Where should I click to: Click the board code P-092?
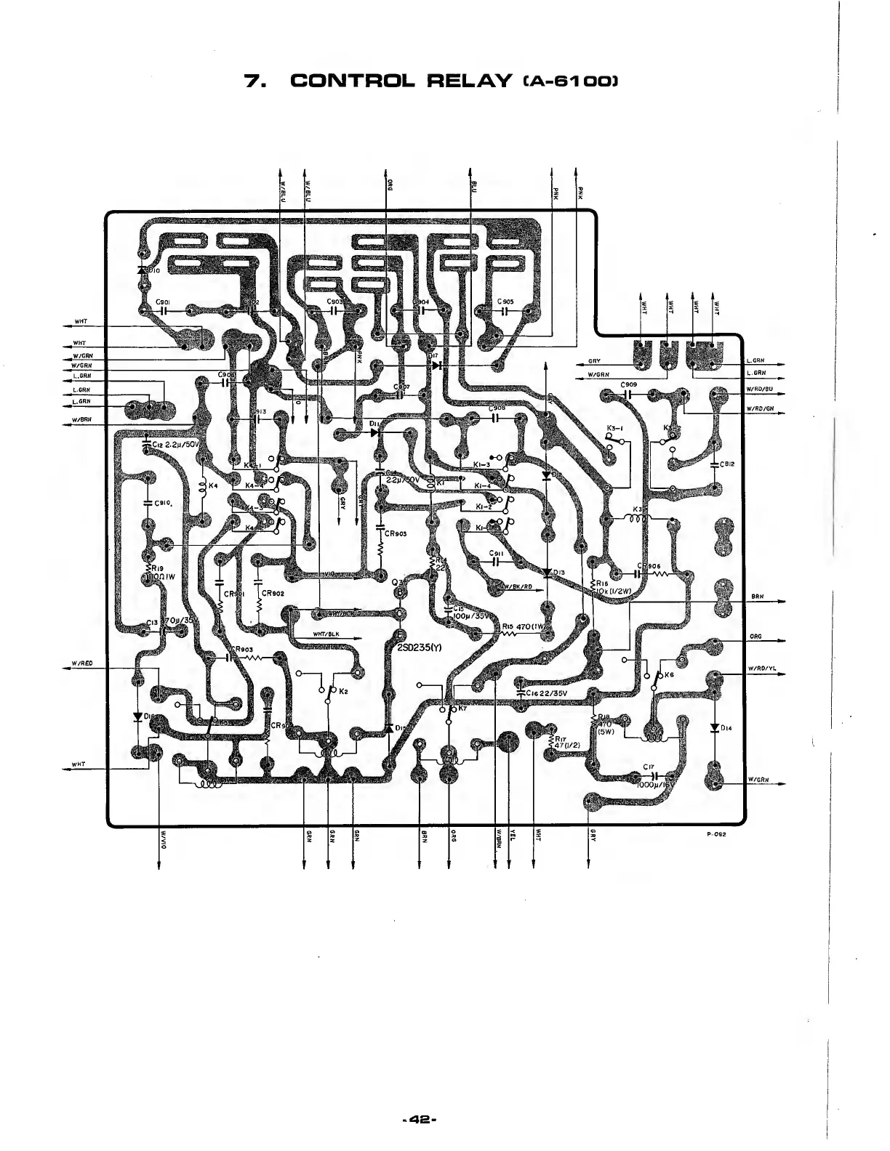tap(717, 833)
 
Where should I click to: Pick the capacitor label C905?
tap(506, 302)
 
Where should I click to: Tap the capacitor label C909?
tap(629, 384)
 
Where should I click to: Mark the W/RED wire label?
tap(79, 662)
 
